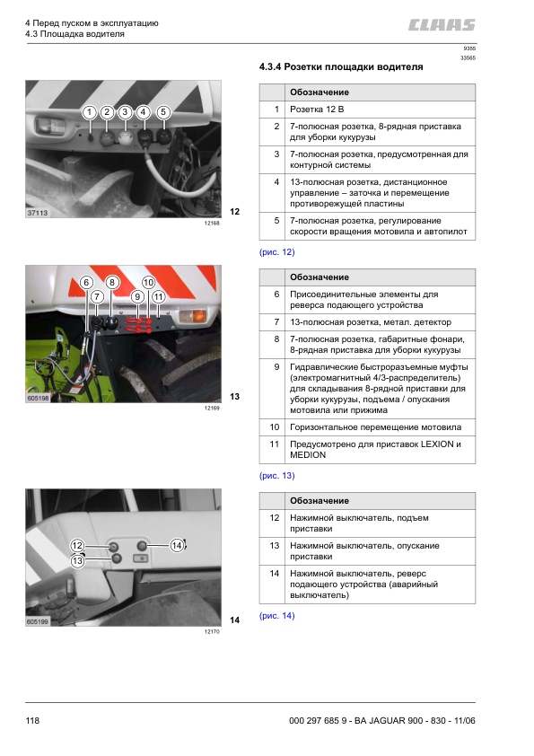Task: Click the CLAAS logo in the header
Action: coord(442,25)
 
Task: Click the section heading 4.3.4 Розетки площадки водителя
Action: coord(340,67)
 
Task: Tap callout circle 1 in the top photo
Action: coord(89,112)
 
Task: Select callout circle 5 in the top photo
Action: coord(162,112)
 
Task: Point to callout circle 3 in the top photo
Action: coord(126,112)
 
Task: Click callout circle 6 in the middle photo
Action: coord(86,282)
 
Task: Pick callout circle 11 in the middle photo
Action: coord(158,295)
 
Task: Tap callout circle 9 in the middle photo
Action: coord(137,295)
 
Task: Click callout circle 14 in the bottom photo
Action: coord(177,544)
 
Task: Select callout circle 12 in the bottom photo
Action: coord(77,545)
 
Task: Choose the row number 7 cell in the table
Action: coord(276,321)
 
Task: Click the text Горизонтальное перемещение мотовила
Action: coord(375,426)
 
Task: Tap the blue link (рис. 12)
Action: coord(276,252)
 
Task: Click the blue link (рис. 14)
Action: coord(276,616)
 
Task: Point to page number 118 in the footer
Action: coord(33,721)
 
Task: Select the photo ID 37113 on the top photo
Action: coord(37,213)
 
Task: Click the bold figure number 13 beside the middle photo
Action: coord(235,397)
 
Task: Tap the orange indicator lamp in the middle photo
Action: coord(193,316)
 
